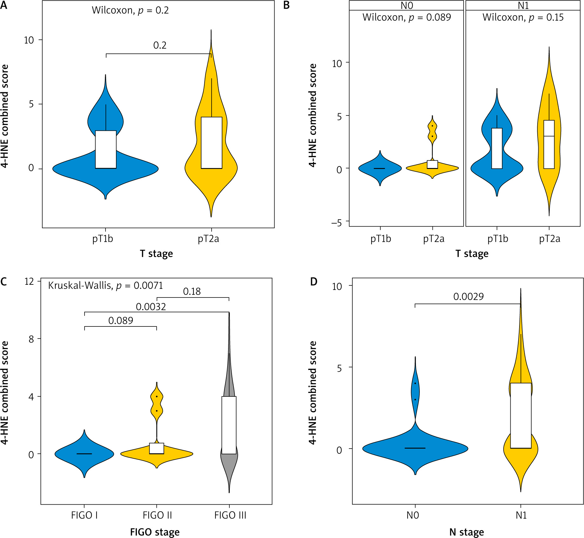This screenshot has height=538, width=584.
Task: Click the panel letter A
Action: click(3, 5)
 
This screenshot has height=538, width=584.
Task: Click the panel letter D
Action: click(314, 282)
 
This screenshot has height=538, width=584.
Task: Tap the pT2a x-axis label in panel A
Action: click(208, 239)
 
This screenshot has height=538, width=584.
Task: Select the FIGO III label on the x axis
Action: click(230, 515)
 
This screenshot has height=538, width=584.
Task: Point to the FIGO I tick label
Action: click(84, 515)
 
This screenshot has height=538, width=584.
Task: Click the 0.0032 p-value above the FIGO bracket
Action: click(151, 307)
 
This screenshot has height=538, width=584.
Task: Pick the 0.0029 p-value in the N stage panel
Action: click(468, 297)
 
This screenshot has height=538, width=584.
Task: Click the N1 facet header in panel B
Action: click(523, 6)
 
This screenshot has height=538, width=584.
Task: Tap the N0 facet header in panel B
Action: click(406, 6)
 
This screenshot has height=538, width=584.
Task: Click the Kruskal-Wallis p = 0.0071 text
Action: click(105, 285)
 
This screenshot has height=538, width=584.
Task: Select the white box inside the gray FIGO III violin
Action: click(229, 425)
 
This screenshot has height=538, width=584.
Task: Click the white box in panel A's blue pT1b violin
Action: click(106, 149)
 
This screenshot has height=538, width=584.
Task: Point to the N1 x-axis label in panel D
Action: click(521, 515)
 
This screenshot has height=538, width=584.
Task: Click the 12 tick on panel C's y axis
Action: click(29, 281)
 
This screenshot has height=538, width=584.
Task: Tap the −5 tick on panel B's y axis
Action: click(336, 222)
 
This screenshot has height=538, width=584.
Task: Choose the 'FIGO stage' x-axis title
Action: click(155, 532)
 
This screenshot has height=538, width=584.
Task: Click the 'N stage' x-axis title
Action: click(466, 532)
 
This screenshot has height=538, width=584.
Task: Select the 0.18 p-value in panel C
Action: click(192, 291)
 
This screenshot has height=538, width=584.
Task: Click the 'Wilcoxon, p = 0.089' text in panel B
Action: click(406, 17)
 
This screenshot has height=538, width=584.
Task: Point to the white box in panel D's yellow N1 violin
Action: click(521, 416)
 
